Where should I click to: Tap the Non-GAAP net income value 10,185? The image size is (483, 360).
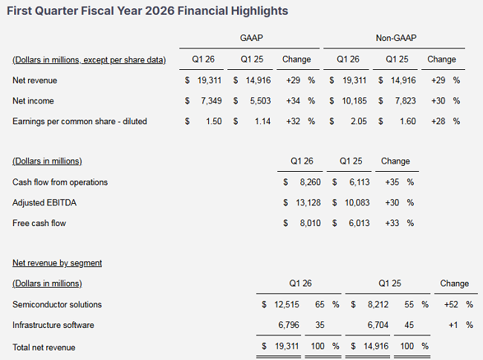(x=352, y=100)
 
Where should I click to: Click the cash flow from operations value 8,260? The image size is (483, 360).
(x=308, y=182)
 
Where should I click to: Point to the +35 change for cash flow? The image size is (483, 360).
(x=393, y=182)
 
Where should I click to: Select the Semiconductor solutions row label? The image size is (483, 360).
(x=57, y=304)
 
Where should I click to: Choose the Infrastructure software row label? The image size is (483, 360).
(x=54, y=325)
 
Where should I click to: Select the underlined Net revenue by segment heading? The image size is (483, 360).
(x=57, y=263)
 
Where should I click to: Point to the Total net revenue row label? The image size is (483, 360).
(x=44, y=347)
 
